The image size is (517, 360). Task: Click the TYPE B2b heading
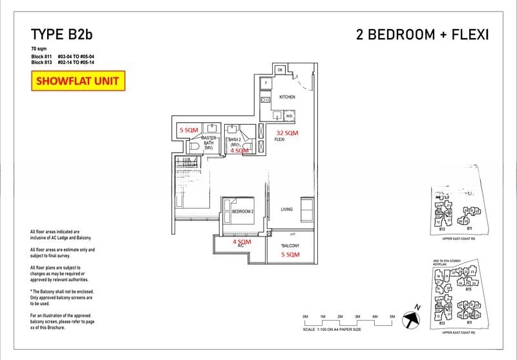point(65,35)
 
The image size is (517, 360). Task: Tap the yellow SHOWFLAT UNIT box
point(78,81)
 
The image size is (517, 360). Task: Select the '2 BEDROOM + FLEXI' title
point(422,35)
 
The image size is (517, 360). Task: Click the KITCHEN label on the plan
point(287,97)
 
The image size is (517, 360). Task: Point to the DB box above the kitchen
point(280,70)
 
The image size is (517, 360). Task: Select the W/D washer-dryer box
point(289,116)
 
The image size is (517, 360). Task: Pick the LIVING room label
point(287,209)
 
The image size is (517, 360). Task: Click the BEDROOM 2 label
point(242,211)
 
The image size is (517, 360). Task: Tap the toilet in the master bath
point(194,147)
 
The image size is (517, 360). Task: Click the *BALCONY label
point(289,246)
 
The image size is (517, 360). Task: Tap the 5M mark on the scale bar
point(392,315)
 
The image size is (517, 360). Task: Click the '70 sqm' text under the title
point(39,49)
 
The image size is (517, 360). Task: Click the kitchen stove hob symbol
point(265,100)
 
